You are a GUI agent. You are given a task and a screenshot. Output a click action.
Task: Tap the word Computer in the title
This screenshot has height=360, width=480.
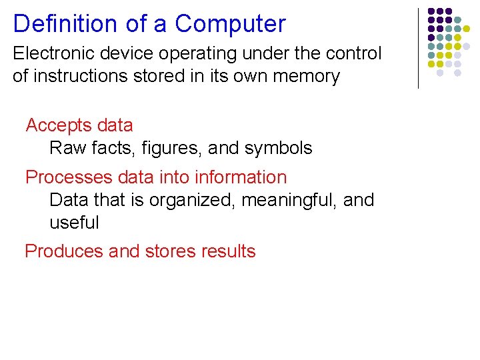point(230,24)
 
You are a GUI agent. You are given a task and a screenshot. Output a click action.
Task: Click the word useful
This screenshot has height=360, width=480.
point(74,223)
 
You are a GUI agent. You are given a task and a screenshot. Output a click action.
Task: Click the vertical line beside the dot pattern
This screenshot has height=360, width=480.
point(418,48)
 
